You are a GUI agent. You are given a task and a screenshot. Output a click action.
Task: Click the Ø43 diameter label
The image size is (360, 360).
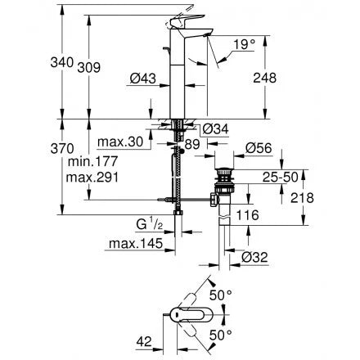click(x=144, y=79)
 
